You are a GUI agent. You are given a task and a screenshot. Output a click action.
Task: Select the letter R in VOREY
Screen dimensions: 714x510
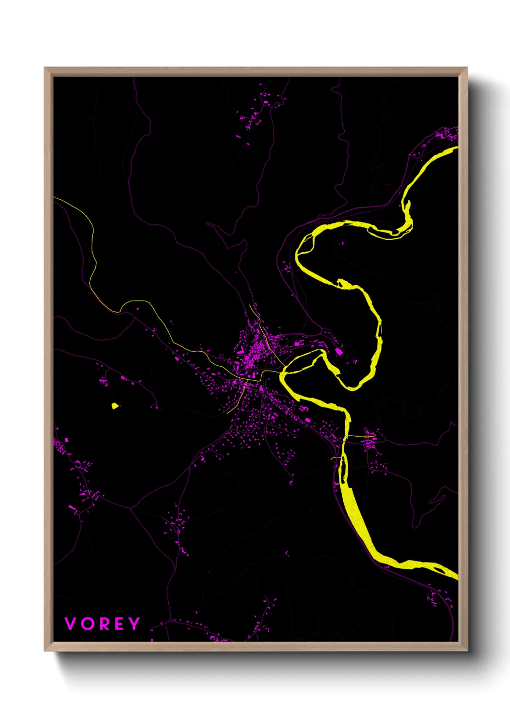[x=104, y=624]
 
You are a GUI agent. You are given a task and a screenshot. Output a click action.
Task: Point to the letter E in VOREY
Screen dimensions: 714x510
[x=120, y=624]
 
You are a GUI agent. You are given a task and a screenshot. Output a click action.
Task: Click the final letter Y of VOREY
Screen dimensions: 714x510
[x=134, y=624]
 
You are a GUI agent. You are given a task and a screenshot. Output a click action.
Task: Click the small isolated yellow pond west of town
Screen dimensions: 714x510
[x=115, y=406]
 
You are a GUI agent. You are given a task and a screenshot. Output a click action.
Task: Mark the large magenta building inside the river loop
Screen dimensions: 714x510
[x=339, y=352]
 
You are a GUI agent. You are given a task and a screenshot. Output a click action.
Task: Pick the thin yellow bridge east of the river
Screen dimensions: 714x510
[x=360, y=436]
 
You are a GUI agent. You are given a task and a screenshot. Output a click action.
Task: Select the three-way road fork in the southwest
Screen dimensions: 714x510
[x=131, y=508]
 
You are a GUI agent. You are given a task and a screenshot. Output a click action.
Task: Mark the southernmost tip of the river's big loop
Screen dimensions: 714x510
[x=352, y=388]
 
